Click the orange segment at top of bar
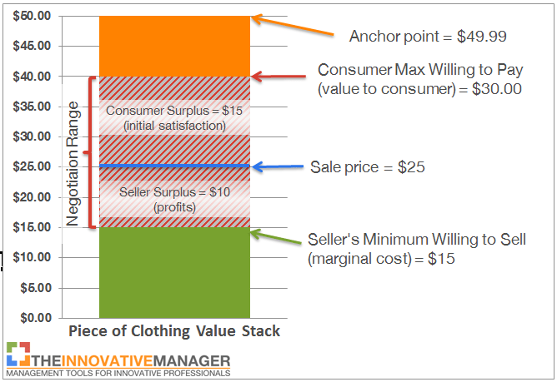173,46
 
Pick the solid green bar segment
173,272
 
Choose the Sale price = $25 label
368,166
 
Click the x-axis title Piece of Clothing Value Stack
173,331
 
